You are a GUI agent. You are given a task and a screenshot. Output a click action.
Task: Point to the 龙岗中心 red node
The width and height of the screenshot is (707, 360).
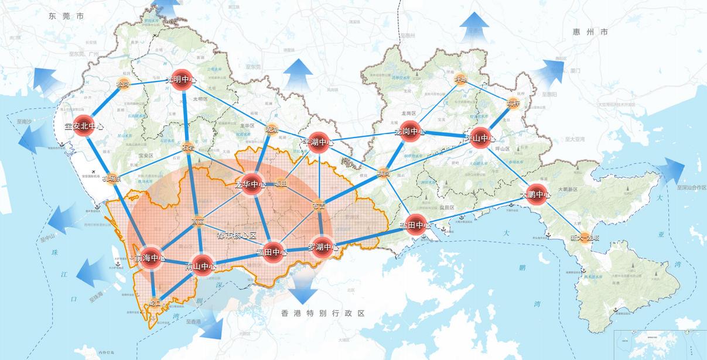(409, 131)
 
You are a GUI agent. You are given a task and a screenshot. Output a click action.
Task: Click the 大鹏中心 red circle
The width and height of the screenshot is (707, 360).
(535, 194)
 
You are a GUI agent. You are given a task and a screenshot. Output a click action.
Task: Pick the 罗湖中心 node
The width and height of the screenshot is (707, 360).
(323, 246)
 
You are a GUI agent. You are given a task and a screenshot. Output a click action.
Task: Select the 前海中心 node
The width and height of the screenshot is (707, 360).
(151, 258)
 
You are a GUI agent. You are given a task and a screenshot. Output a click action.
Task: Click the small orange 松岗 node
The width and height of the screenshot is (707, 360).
(123, 84)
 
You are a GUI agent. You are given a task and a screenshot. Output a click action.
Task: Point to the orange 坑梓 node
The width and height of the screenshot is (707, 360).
(513, 103)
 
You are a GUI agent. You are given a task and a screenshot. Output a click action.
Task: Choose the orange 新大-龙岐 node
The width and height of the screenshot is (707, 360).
(576, 237)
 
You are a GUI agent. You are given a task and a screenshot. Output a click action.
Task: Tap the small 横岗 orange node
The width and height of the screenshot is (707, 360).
(382, 174)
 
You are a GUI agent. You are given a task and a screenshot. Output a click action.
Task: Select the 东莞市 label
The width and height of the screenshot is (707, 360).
(66, 17)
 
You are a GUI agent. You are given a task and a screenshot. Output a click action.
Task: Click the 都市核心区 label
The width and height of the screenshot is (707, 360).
(237, 235)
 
